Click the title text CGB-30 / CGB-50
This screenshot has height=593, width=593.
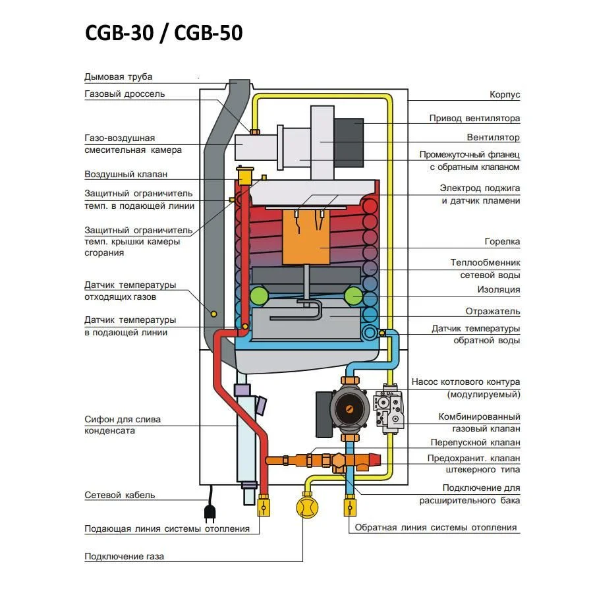[x=164, y=33]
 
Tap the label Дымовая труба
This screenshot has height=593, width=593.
[x=119, y=77]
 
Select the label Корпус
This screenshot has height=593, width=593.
[x=505, y=94]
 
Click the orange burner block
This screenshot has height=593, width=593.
[x=306, y=237]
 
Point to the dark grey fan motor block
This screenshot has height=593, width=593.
[x=349, y=142]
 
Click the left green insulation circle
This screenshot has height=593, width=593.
[x=259, y=296]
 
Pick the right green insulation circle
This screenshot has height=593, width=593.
[x=354, y=296]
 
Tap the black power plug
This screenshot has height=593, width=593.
[x=210, y=511]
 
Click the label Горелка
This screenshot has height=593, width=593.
[x=502, y=242]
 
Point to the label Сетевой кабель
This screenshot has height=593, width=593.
[x=119, y=495]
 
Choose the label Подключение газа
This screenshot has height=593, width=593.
[x=124, y=556]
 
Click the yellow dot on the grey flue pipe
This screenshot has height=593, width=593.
[x=213, y=314]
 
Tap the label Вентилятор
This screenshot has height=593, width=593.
[x=493, y=137]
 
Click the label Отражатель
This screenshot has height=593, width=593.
[x=493, y=311]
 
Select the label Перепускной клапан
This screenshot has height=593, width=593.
[x=475, y=443]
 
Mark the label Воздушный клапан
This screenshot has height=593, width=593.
[x=126, y=175]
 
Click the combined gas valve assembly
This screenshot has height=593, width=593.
[x=387, y=409]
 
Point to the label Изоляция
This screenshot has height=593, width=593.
[x=499, y=290]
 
